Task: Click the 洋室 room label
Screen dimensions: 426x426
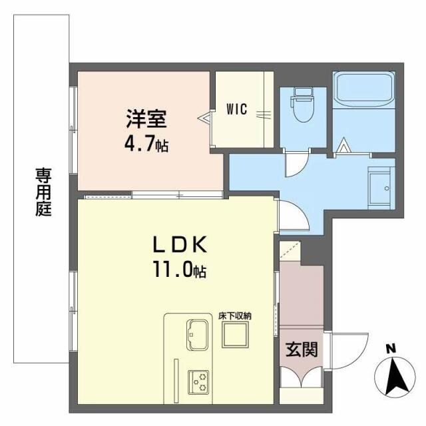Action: pos(147,121)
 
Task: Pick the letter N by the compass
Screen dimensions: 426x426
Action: pos(391,347)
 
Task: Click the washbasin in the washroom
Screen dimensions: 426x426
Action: pos(380,186)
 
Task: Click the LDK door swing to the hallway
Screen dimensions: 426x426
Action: pos(291,217)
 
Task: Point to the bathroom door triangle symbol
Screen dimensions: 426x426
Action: pos(344,144)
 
